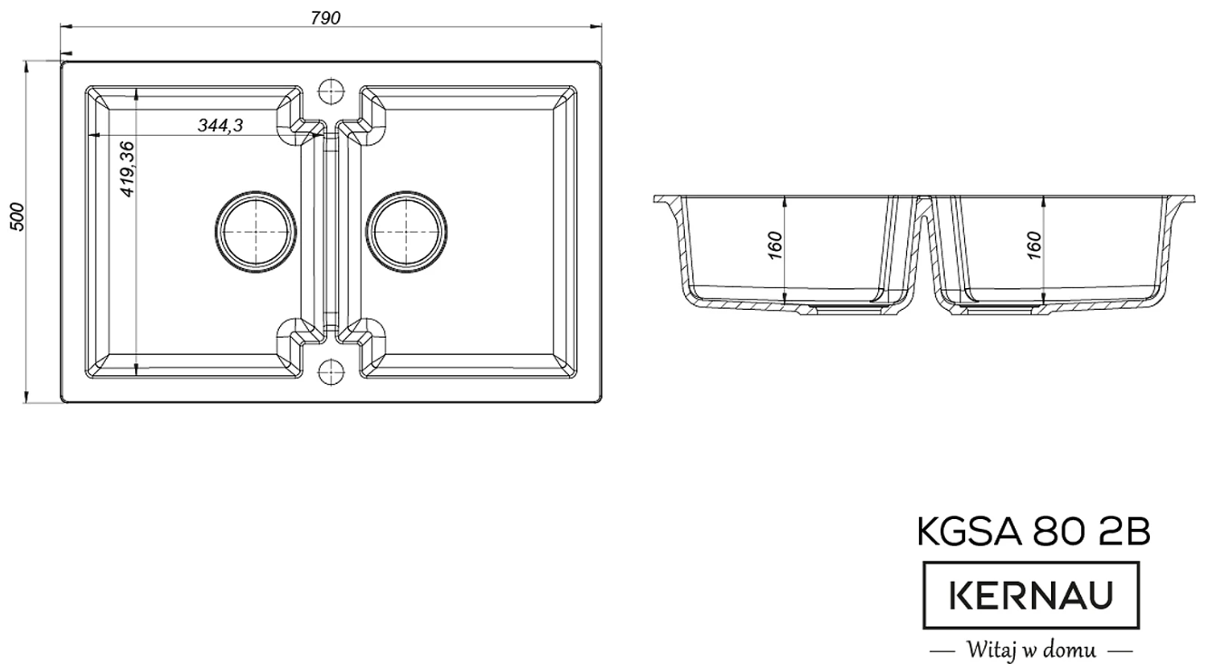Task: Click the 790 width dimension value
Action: click(x=325, y=18)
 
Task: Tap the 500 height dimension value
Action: click(x=17, y=217)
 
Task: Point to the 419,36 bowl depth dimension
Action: click(x=127, y=168)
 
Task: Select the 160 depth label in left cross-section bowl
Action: click(x=776, y=245)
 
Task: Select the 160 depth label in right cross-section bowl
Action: click(x=1035, y=245)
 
